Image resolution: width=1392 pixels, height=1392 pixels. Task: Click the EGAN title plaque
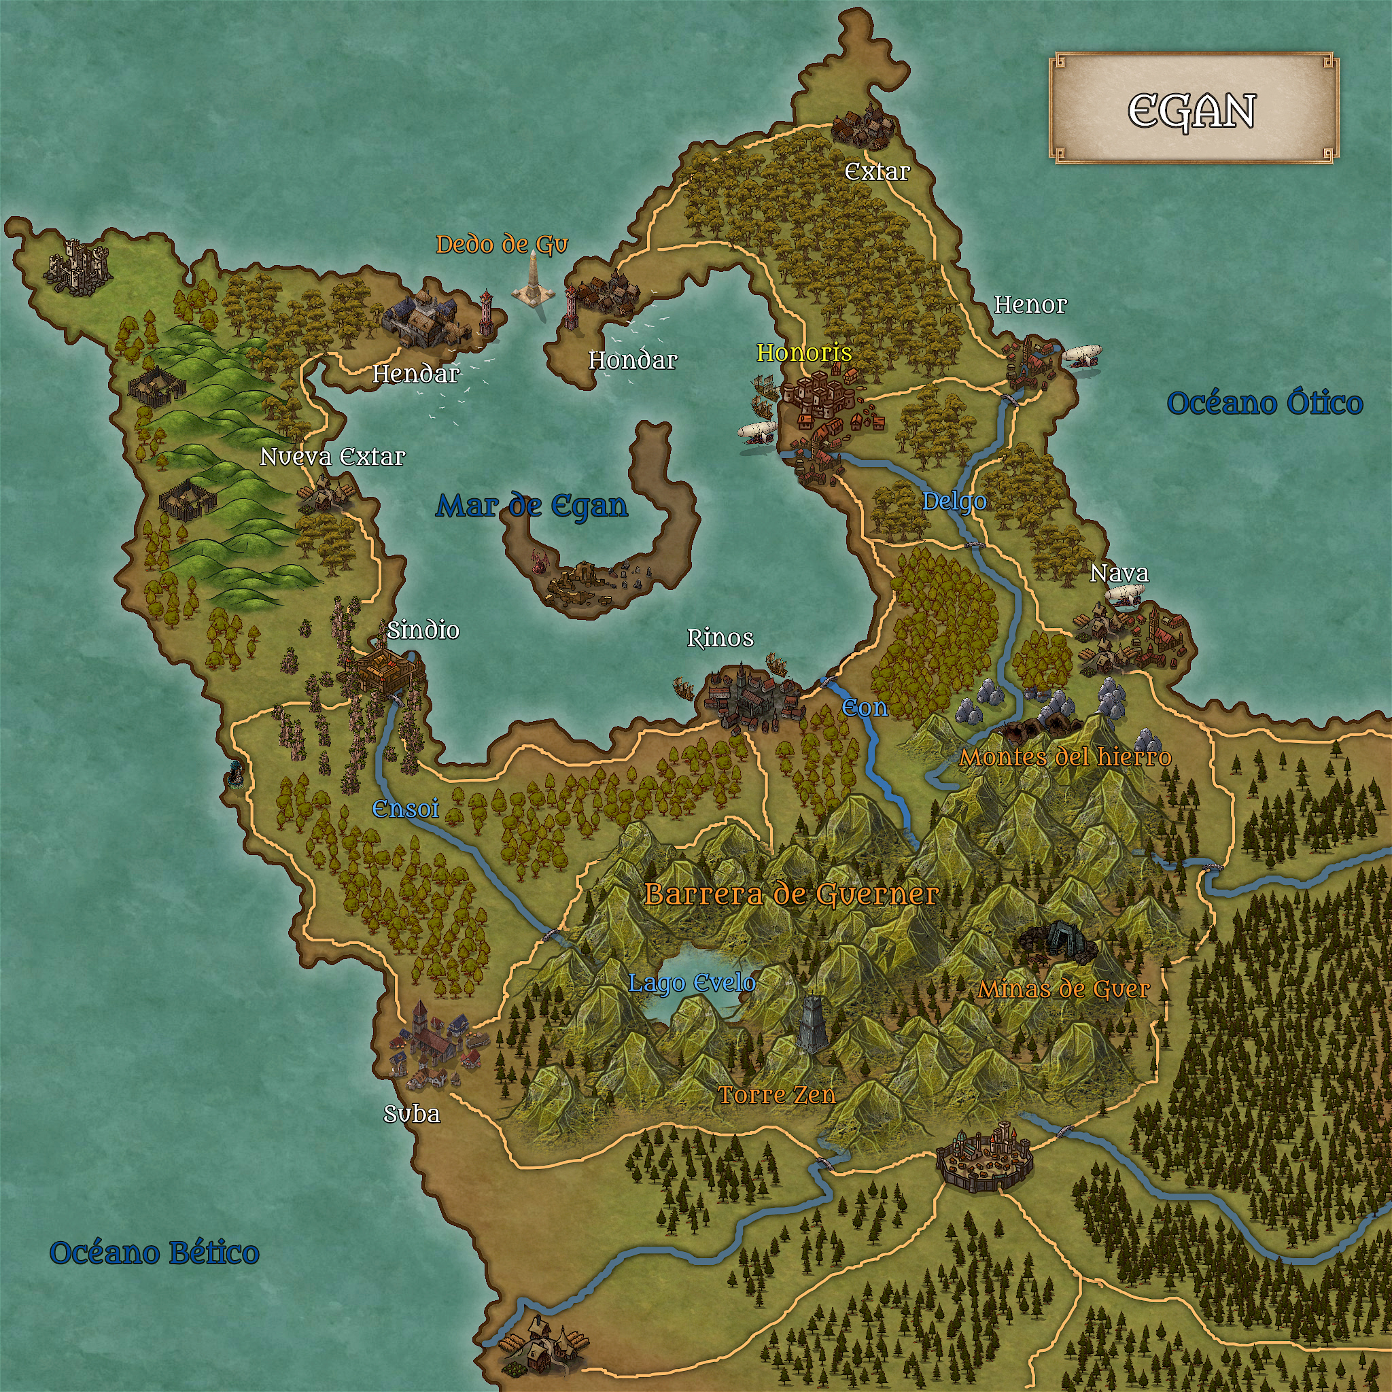[1192, 108]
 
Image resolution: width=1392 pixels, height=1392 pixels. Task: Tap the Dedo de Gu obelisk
[533, 281]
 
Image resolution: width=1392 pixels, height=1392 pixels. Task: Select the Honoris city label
[804, 352]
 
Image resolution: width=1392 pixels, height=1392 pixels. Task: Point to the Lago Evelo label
[692, 983]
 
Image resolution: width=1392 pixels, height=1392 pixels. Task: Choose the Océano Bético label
[154, 1253]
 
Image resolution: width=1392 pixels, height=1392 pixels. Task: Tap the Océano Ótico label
[1264, 403]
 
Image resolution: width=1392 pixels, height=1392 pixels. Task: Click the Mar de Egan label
[532, 506]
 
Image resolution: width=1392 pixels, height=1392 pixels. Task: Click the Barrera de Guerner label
[791, 894]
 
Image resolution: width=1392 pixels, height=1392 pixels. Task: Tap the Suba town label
[411, 1115]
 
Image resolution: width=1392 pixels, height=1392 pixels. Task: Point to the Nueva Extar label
[332, 457]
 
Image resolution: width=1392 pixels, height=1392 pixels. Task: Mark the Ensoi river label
[405, 808]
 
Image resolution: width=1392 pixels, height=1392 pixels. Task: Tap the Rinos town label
[720, 638]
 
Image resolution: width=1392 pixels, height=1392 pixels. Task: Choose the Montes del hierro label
[1065, 757]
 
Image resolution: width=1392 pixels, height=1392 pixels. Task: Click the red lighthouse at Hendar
[487, 314]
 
